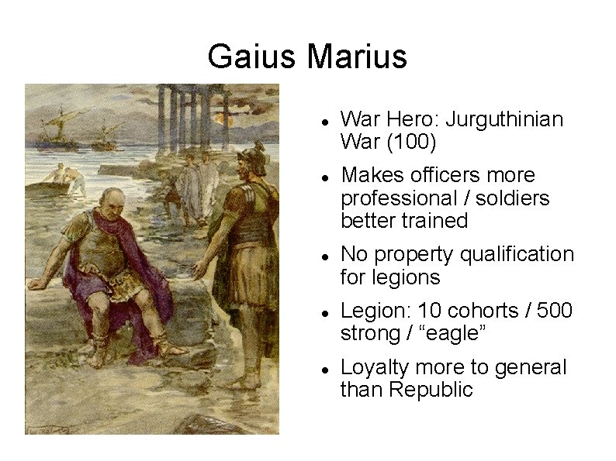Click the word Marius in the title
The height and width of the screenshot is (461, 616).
click(x=357, y=57)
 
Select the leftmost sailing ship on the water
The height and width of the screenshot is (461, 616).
click(x=54, y=125)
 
